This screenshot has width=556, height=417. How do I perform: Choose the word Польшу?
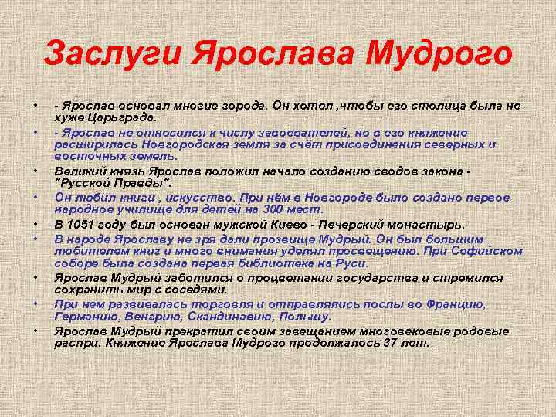click(308, 317)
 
